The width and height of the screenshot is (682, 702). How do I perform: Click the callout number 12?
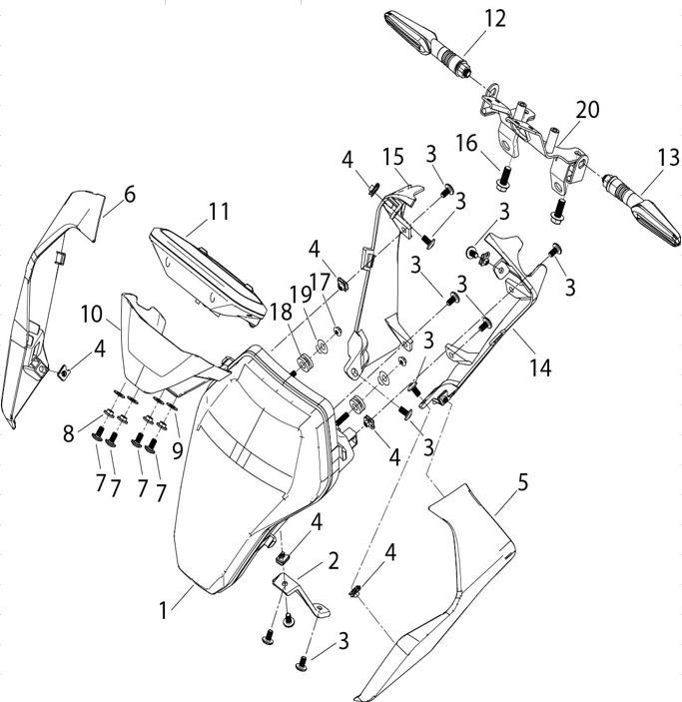click(495, 19)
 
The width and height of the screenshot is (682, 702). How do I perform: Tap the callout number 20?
click(587, 110)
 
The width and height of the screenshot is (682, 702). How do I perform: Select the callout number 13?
click(669, 158)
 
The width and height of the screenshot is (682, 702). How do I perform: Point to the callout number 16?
click(466, 143)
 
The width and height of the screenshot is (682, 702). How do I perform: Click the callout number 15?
click(393, 157)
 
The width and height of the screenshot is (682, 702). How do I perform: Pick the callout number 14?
click(540, 367)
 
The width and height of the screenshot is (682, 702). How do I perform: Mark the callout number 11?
click(219, 212)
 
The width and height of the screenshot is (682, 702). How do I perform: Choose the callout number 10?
click(92, 314)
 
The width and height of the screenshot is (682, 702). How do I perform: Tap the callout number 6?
click(129, 195)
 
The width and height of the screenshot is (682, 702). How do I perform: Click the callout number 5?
click(522, 482)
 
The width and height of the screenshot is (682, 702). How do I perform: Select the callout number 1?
click(164, 610)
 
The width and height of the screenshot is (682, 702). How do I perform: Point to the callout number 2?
click(333, 561)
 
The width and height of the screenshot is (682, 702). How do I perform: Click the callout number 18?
click(282, 312)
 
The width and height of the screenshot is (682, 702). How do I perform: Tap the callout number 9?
click(178, 450)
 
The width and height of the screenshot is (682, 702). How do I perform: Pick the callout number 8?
click(68, 433)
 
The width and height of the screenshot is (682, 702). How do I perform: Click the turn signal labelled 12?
click(428, 42)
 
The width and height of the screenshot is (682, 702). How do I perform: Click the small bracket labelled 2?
click(302, 594)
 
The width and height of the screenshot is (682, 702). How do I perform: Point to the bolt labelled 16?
click(504, 178)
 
